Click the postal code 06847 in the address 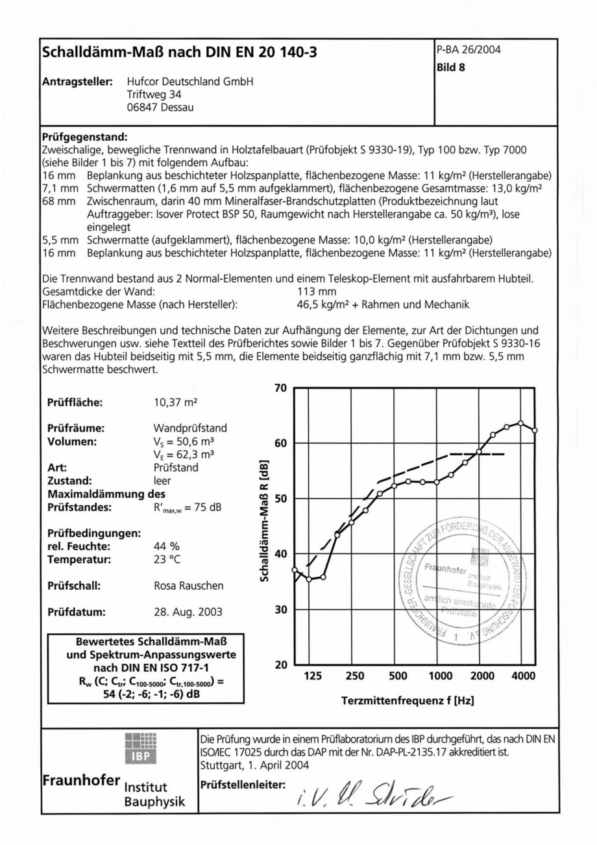[x=143, y=108]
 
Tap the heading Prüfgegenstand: [x=84, y=138]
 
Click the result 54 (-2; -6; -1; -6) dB [x=146, y=694]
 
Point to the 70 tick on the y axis [x=281, y=388]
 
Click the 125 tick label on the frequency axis [x=313, y=676]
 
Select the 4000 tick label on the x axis [x=523, y=676]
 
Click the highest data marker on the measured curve [x=521, y=423]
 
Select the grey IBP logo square [x=140, y=749]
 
